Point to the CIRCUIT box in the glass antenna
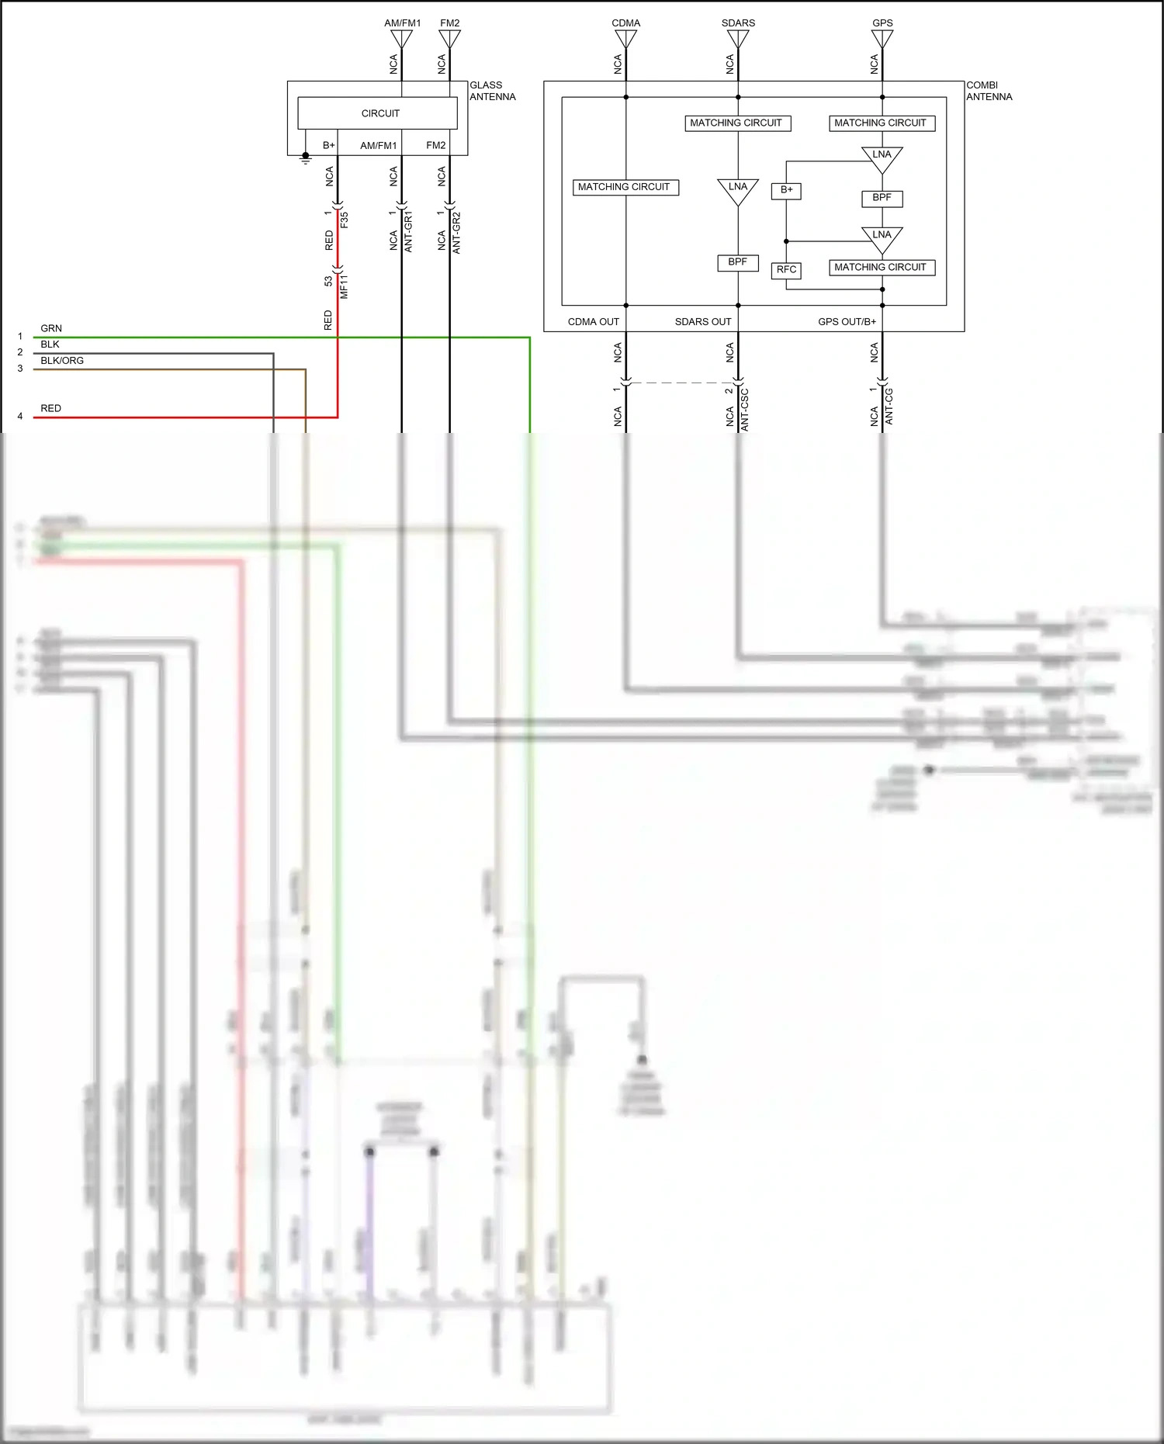pos(380,113)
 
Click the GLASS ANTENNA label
pos(492,91)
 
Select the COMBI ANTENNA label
pos(989,91)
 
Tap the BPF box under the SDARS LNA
pos(737,262)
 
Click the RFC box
pos(786,270)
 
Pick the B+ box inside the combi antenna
pos(786,190)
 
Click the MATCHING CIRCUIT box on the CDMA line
pos(625,187)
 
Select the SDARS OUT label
pos(703,322)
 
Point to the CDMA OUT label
pos(594,322)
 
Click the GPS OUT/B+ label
pos(847,322)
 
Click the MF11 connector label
pos(345,286)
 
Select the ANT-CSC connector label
pos(745,410)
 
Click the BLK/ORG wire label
pos(62,361)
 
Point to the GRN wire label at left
pos(51,329)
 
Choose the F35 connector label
pos(345,220)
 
